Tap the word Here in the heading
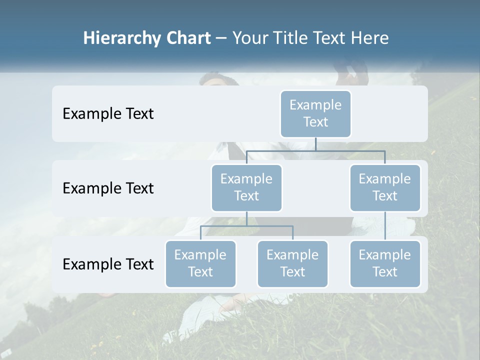[x=369, y=38]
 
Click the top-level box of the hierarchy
[x=315, y=114]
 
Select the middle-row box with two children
[x=246, y=188]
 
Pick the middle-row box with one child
[x=385, y=188]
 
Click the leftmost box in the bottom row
[x=200, y=264]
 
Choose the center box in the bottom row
[x=292, y=264]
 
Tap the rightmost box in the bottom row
[x=385, y=264]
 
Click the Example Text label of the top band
[x=108, y=114]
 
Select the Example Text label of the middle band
[x=108, y=188]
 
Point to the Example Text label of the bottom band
[x=108, y=264]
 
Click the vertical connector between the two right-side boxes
[x=385, y=226]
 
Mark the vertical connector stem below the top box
[x=315, y=144]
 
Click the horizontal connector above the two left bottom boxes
[x=246, y=226]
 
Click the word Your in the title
[x=248, y=38]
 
